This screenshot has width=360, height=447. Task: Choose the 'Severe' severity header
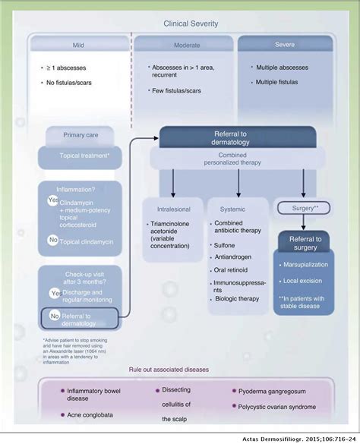coord(286,44)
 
